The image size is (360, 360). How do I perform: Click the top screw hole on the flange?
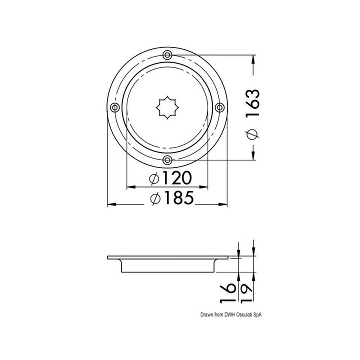tap(167, 55)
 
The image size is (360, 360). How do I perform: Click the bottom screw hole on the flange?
tap(167, 160)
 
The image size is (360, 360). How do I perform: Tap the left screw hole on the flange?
tap(115, 107)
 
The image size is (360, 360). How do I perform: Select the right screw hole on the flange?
tap(219, 107)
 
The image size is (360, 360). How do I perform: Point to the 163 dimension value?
tap(253, 103)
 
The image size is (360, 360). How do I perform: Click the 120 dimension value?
tap(177, 177)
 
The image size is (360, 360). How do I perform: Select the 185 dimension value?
tap(179, 197)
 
